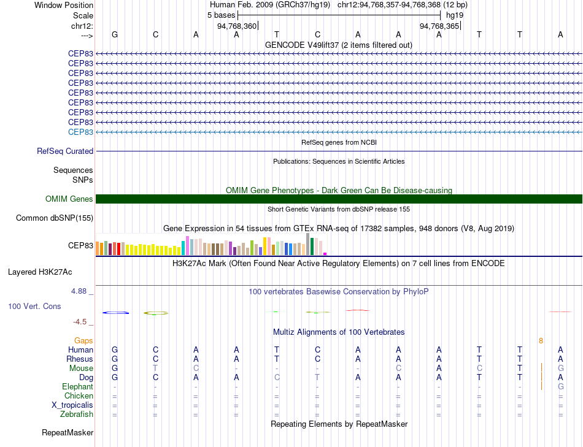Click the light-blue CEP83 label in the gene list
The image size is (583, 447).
point(80,132)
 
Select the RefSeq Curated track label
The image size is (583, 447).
point(65,151)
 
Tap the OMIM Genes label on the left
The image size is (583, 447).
point(69,199)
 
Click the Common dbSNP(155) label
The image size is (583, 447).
point(55,218)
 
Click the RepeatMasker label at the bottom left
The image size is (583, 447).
point(68,433)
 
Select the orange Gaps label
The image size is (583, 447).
point(83,340)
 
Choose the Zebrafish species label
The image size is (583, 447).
point(77,415)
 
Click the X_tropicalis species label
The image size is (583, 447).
point(72,405)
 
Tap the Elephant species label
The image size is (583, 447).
point(77,387)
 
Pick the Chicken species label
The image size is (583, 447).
point(79,396)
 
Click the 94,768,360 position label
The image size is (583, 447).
point(237,26)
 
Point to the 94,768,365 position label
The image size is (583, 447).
point(439,26)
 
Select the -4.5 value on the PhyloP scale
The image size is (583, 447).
point(82,321)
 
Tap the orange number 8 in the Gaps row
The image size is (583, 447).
point(541,340)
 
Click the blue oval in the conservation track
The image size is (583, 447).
point(115,313)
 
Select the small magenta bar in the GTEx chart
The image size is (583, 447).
point(325,253)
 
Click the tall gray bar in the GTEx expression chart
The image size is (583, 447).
point(308,244)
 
